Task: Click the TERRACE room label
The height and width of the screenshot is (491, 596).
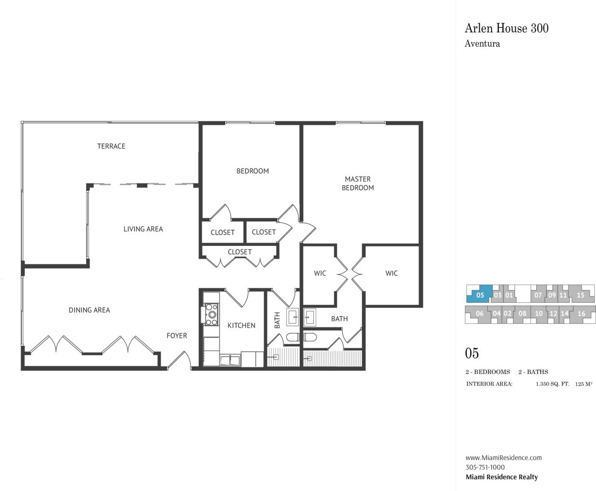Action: (111, 146)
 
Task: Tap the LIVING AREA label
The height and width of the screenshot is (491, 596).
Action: (143, 229)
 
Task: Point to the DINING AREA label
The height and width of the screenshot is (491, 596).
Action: (89, 310)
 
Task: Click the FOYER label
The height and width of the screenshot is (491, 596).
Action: (177, 336)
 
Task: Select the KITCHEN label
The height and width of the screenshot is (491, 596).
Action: (241, 325)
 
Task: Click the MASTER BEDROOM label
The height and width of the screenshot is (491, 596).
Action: (358, 183)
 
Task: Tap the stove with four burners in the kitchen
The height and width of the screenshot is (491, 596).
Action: (211, 314)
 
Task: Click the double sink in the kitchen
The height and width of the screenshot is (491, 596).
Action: (230, 361)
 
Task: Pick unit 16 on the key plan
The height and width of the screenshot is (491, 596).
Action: (581, 314)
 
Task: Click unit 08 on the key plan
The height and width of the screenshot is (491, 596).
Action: (522, 314)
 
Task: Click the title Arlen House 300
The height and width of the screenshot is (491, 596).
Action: (507, 28)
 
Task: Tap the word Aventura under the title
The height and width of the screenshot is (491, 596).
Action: (482, 44)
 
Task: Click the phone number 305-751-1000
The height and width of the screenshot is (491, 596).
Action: (485, 467)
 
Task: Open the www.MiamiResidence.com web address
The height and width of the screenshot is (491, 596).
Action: (504, 457)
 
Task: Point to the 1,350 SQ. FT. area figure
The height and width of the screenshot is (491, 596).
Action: (553, 384)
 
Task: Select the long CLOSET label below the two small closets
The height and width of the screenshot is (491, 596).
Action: (240, 252)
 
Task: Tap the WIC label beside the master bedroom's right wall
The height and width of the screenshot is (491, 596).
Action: (392, 273)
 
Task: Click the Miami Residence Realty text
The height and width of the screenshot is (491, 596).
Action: (502, 477)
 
